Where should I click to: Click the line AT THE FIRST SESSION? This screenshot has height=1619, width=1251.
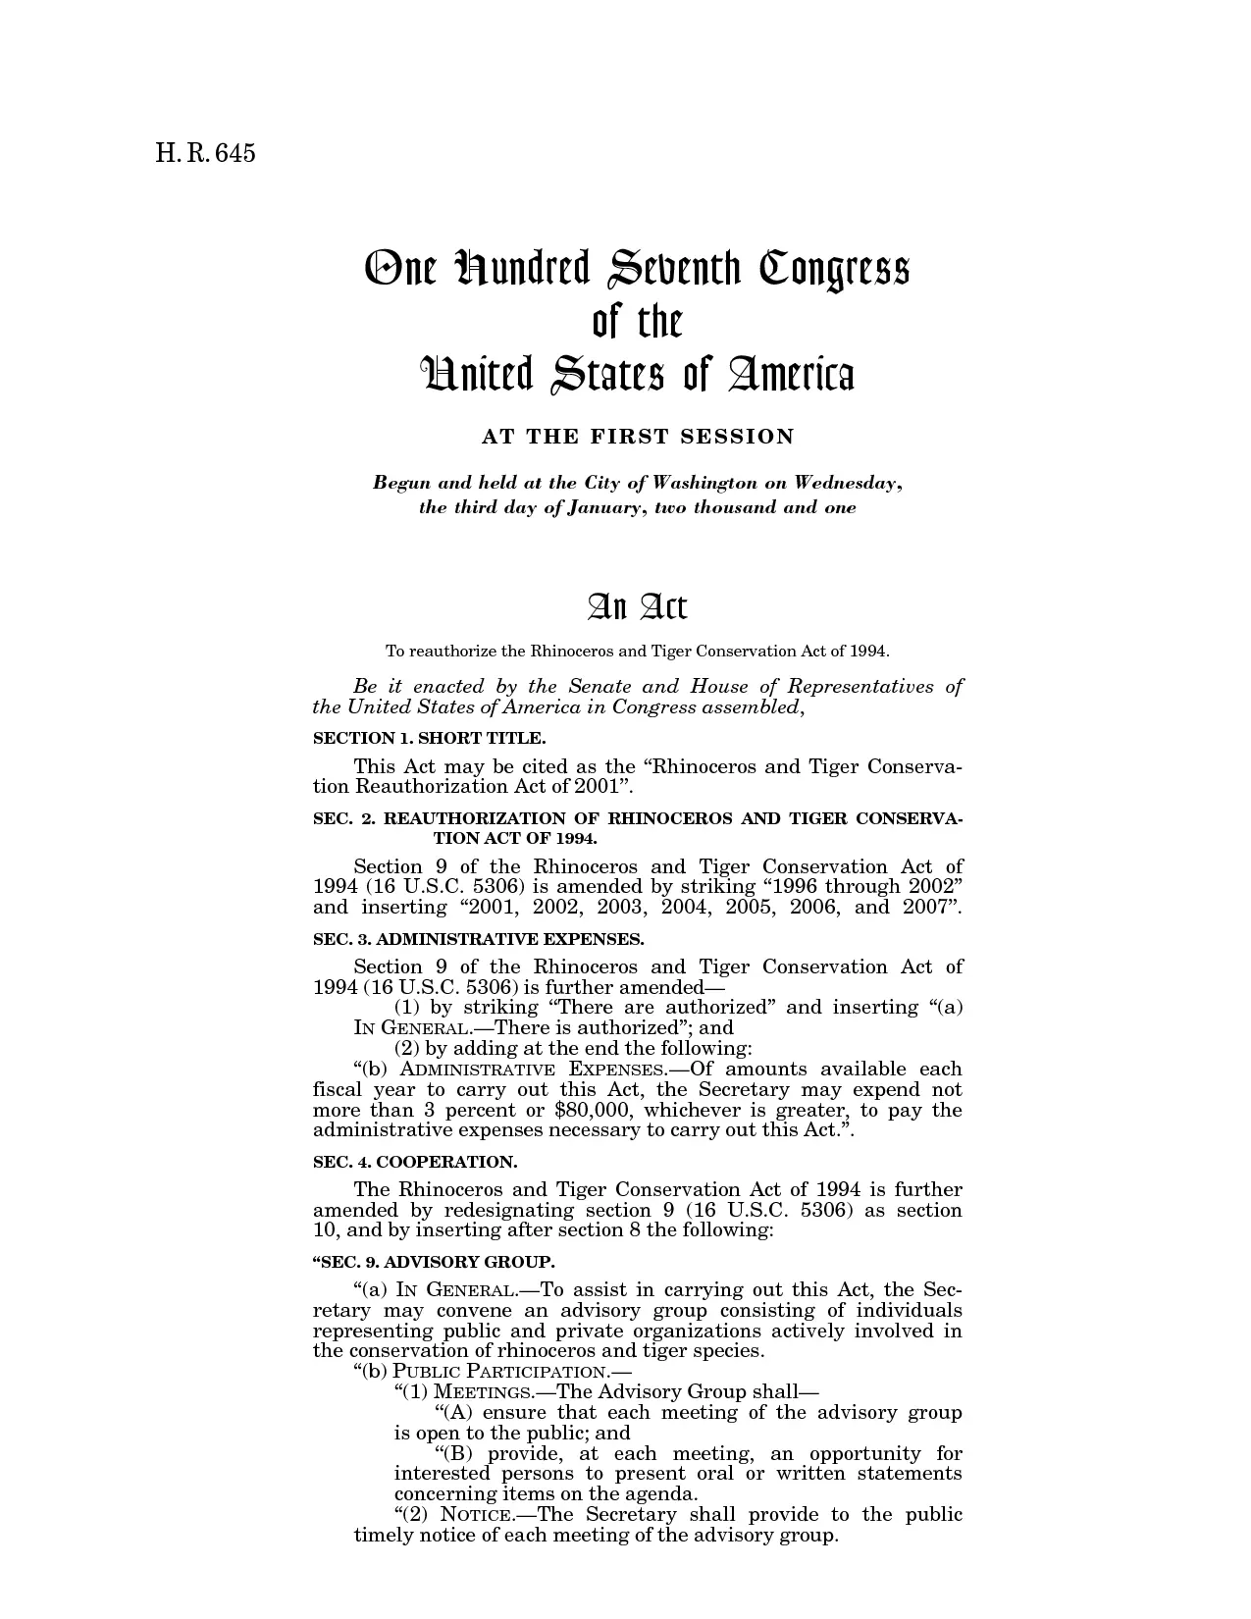tap(638, 438)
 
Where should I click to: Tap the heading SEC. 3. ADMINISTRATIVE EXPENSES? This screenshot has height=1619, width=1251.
tap(478, 939)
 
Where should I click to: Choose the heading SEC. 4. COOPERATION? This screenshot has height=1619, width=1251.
tap(415, 1162)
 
